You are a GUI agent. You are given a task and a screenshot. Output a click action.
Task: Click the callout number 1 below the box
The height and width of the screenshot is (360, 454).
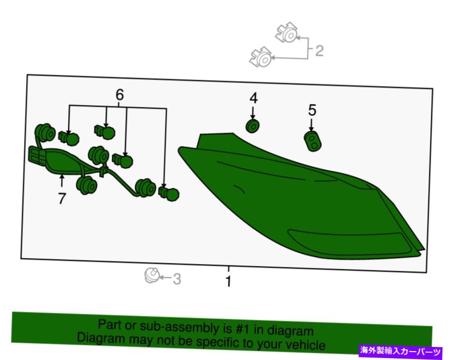(x=229, y=281)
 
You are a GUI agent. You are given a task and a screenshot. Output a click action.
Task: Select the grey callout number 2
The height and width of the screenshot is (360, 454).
(x=319, y=51)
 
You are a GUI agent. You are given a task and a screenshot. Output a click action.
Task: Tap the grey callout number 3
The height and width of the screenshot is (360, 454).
(x=177, y=279)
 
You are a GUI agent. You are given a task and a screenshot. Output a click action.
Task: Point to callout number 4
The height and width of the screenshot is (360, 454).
(x=253, y=98)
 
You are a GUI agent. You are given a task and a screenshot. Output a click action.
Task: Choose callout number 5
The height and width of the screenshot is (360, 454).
(x=312, y=110)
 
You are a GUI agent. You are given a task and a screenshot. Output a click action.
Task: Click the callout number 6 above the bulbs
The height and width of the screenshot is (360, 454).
(x=120, y=94)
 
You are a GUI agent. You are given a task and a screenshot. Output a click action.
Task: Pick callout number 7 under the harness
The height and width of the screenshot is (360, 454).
(x=61, y=199)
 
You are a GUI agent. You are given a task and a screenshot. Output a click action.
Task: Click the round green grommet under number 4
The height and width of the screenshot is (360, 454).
(x=252, y=126)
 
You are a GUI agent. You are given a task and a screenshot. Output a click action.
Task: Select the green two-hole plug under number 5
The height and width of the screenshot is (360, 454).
(x=312, y=141)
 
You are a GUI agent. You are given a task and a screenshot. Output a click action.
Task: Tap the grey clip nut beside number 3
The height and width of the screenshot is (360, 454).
(x=152, y=275)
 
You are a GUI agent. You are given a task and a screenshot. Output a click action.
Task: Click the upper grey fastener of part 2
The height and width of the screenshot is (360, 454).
(x=287, y=32)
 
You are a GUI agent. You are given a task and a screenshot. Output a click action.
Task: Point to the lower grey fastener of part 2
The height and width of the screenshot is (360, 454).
(x=261, y=57)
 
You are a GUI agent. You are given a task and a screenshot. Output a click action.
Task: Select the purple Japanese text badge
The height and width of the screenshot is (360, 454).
(x=400, y=352)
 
